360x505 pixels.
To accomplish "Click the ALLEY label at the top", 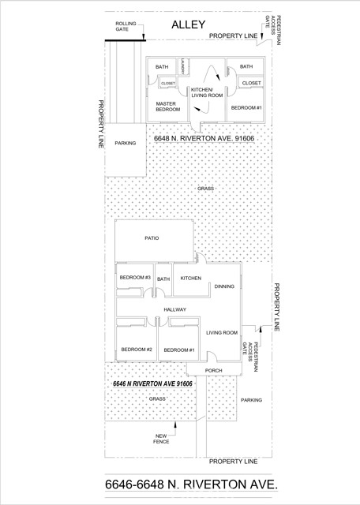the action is [x=188, y=24].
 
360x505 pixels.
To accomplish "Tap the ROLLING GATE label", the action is [x=126, y=26].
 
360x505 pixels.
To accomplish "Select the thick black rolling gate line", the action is [x=126, y=40].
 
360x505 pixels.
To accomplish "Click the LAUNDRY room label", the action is [x=182, y=65].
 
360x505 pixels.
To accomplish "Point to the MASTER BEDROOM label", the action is [x=168, y=107].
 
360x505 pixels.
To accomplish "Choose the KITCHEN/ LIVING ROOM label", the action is [x=207, y=92].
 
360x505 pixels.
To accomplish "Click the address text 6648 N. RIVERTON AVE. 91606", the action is [x=204, y=139].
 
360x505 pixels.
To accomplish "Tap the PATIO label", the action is [x=152, y=238].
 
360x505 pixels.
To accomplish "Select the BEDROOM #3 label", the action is [x=135, y=278].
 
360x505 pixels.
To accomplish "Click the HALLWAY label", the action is [x=175, y=310].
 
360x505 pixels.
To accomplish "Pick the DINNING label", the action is [x=224, y=286].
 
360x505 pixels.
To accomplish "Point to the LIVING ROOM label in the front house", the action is [x=222, y=333].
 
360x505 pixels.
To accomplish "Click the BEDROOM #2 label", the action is [x=137, y=350].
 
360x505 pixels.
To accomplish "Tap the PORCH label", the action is [x=213, y=371].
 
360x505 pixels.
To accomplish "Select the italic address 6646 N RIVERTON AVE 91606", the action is [x=152, y=384].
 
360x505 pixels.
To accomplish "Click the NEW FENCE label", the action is [x=161, y=439].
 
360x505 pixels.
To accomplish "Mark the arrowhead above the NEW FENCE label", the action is [x=175, y=425].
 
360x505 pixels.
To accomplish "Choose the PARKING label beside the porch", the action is [x=251, y=400].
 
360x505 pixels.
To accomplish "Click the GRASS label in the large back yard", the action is [x=205, y=189].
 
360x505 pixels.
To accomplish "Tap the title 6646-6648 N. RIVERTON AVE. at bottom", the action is [x=191, y=484].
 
